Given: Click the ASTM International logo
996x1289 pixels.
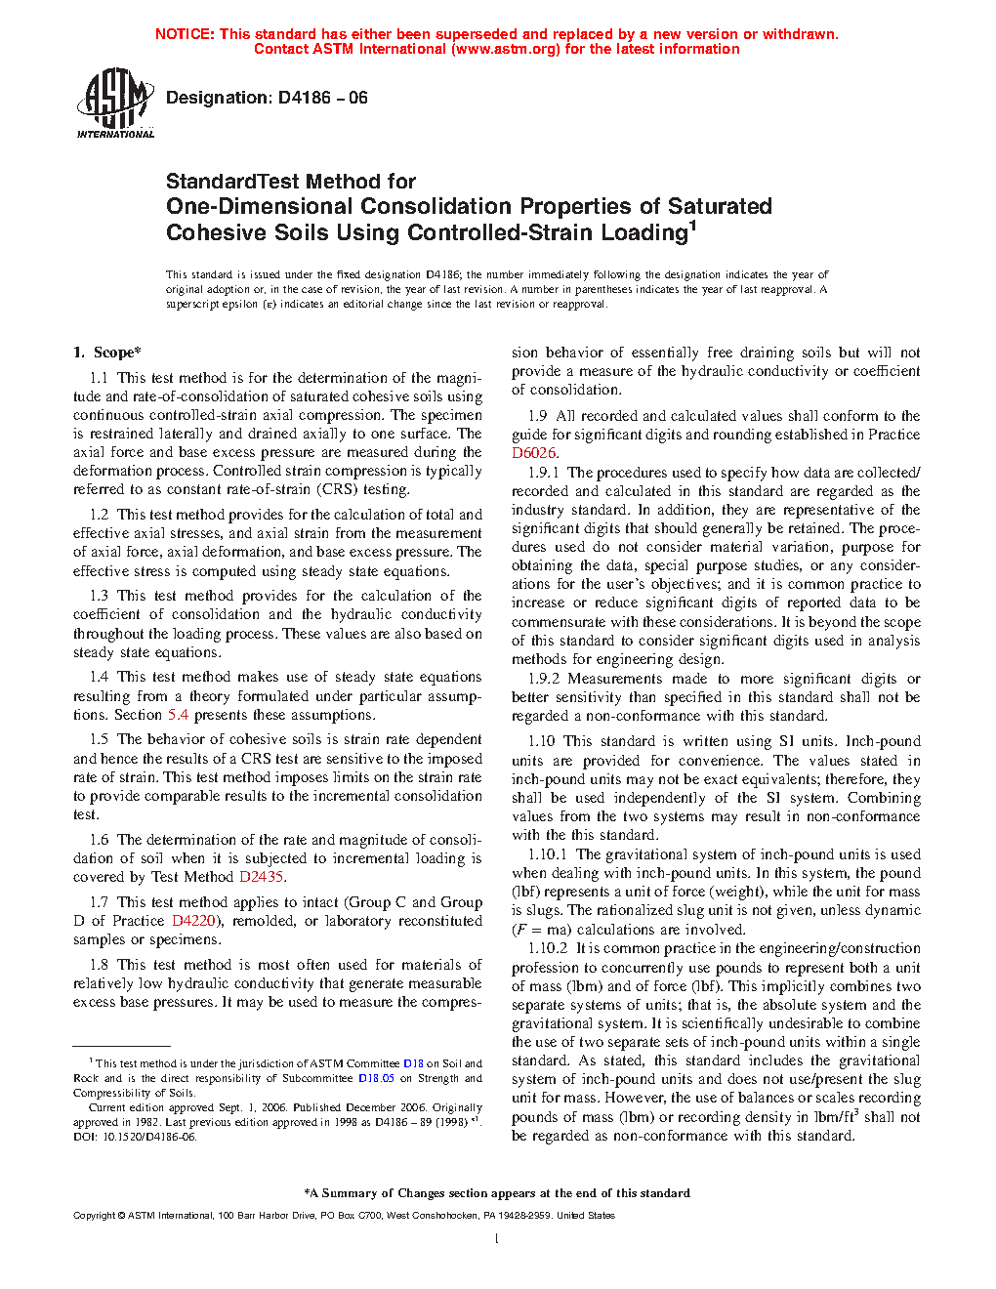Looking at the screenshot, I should click(114, 103).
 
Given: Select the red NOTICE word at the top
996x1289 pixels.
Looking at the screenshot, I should click(185, 34).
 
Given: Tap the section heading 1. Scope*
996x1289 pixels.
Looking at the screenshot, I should click(106, 353).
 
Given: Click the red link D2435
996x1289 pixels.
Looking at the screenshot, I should click(261, 877).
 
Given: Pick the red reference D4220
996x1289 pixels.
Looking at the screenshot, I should click(193, 921).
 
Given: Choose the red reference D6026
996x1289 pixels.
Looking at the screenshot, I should click(533, 453).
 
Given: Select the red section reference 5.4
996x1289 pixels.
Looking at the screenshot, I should click(178, 715).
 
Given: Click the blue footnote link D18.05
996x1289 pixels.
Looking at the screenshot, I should click(376, 1078).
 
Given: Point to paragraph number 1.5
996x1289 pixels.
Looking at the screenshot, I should click(99, 739).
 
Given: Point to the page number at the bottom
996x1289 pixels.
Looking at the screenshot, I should click(497, 1239).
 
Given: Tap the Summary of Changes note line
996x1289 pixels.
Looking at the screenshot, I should click(497, 1193).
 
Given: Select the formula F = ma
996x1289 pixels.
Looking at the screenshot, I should click(541, 930).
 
